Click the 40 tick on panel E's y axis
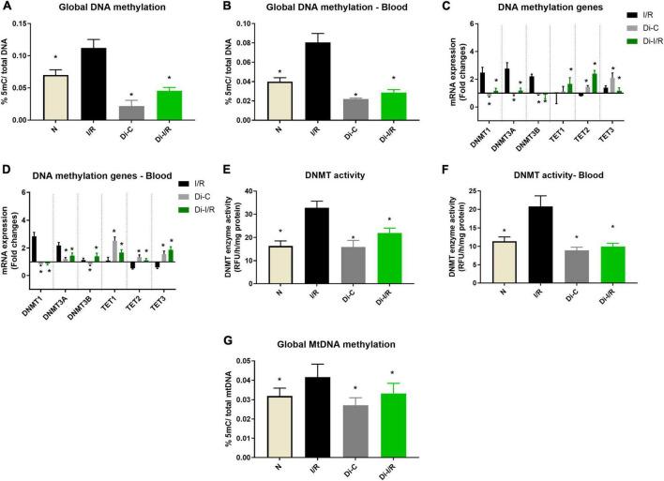tap(264, 191)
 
